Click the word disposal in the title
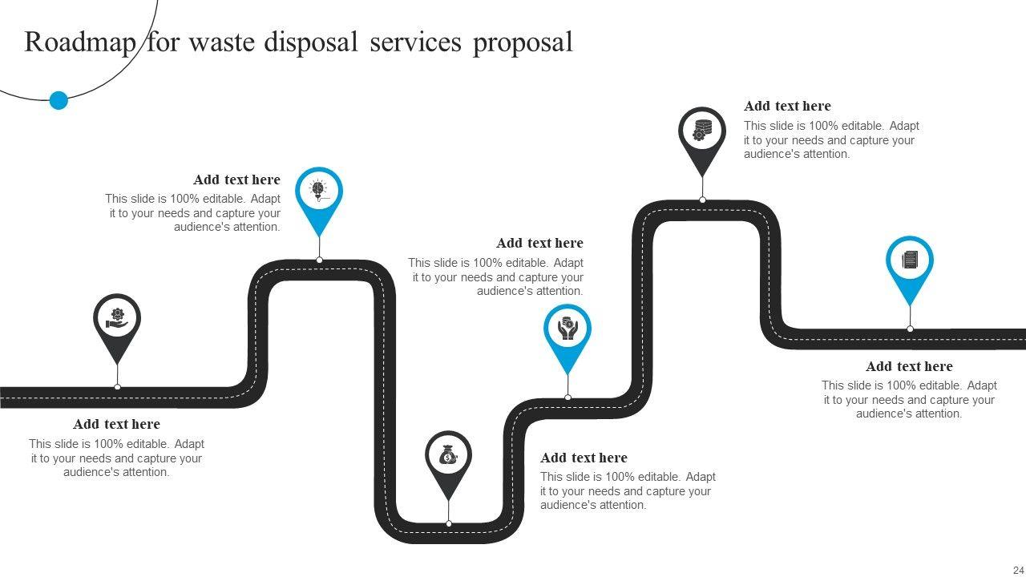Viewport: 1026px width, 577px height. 312,42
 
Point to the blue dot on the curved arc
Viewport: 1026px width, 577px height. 59,100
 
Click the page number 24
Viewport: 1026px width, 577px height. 1018,570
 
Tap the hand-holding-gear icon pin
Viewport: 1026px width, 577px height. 117,318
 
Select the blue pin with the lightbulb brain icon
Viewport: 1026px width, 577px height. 319,192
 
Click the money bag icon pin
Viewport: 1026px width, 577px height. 448,456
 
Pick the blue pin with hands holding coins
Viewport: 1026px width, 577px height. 568,329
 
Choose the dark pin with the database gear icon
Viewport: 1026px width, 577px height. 702,131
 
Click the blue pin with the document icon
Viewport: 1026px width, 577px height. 910,260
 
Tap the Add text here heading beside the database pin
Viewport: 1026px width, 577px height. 787,106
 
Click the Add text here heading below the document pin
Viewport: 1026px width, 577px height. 909,366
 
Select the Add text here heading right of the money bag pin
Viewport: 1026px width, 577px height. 584,458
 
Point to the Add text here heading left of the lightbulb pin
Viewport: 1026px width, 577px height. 236,180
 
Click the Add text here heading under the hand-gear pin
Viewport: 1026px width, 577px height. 116,424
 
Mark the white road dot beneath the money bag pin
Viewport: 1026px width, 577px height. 449,523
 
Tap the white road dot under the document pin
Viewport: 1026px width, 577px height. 910,329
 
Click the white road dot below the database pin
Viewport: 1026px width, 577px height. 702,200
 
